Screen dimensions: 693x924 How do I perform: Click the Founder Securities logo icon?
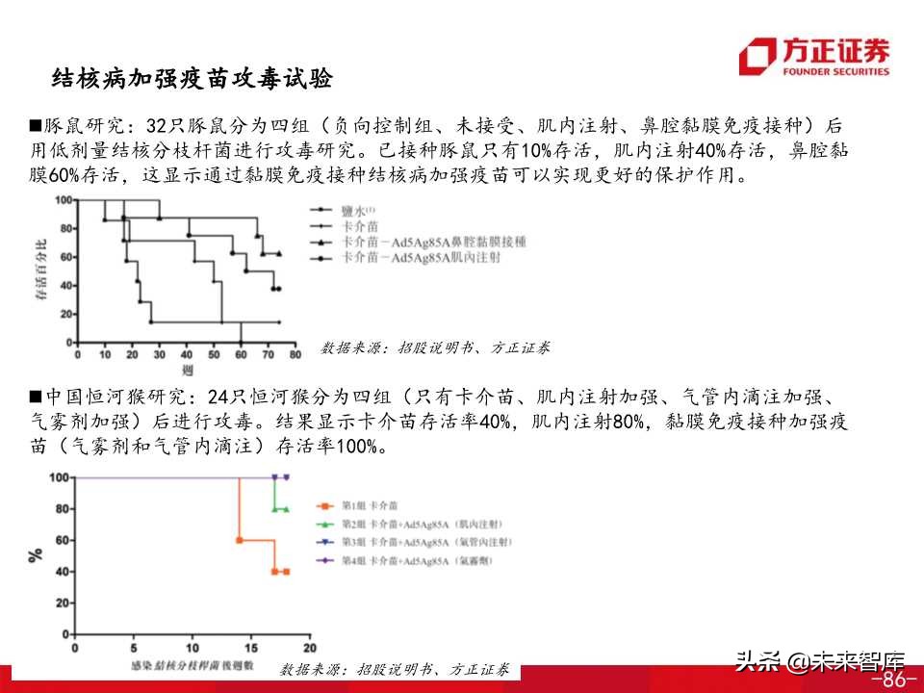tap(757, 56)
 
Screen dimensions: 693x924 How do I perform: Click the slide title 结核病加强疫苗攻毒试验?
tap(192, 79)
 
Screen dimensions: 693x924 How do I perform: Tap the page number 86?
tap(893, 680)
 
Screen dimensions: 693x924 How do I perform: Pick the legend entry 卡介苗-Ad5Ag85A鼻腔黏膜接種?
tap(434, 242)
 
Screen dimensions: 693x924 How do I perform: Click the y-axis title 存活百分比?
tap(40, 270)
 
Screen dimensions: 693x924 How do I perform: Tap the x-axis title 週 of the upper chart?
tap(186, 370)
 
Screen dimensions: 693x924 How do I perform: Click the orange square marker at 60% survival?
tap(239, 540)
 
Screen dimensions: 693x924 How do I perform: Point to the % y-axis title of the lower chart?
tap(36, 555)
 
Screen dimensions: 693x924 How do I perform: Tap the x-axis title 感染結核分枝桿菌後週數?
tap(192, 665)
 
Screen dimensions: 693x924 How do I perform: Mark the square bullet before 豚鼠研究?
tap(36, 126)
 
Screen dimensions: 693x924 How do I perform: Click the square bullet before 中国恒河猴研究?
tap(36, 397)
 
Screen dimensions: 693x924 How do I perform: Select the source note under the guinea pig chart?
tap(436, 348)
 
